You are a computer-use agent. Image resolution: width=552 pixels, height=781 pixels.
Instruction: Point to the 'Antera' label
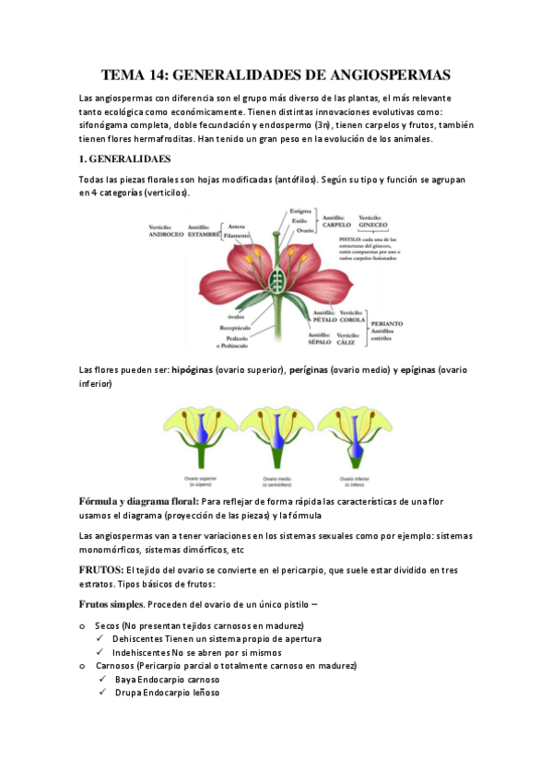236,227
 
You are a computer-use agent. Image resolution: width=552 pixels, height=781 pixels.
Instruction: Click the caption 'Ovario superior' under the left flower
195,479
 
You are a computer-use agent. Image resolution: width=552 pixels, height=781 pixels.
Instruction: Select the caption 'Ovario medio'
277,479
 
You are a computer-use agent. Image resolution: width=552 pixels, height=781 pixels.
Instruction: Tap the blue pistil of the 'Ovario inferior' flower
356,445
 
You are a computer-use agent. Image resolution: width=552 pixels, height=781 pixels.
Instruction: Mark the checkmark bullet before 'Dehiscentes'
99,638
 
